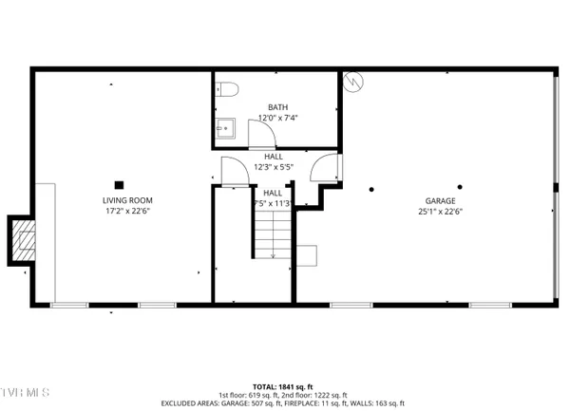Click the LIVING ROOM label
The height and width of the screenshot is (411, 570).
[127, 200]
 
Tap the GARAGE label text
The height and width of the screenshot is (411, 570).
[440, 200]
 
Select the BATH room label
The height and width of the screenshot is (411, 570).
[276, 107]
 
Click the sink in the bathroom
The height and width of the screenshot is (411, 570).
[225, 127]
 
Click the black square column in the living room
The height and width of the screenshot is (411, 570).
[119, 184]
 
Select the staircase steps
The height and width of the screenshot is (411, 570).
[272, 233]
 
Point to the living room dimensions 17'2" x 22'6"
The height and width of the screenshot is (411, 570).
[127, 212]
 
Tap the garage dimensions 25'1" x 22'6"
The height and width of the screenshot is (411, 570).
[440, 212]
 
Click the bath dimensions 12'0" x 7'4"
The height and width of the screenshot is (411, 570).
[277, 118]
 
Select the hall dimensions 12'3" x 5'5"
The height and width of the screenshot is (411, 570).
[273, 167]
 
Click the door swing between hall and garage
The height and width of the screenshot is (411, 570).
[325, 166]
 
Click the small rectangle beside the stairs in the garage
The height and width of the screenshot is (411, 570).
[306, 253]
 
